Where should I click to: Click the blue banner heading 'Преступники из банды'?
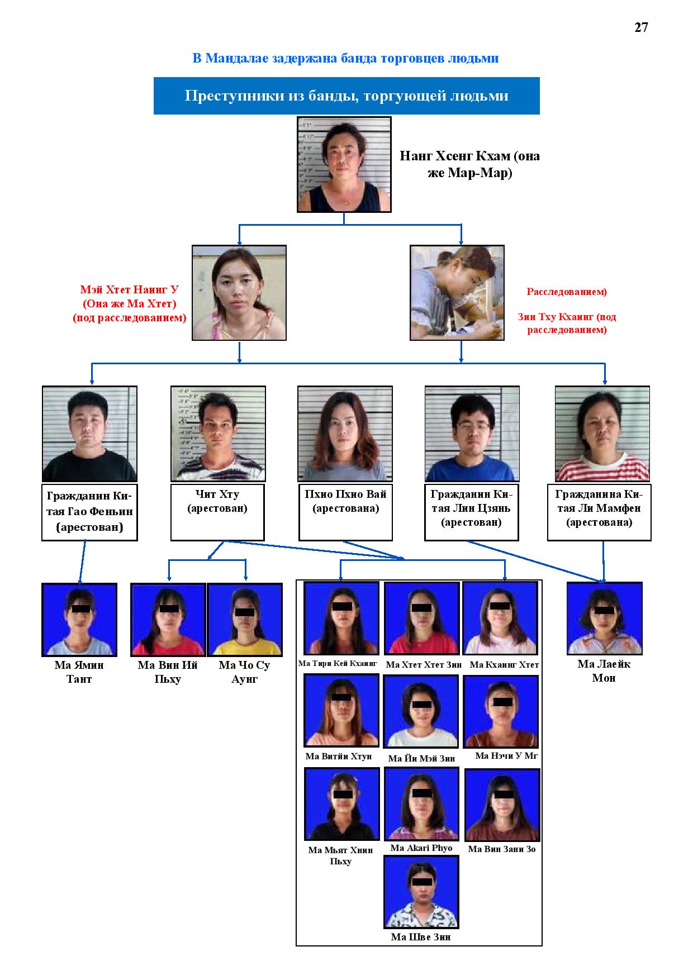(x=346, y=96)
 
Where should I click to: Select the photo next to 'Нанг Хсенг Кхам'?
(x=344, y=164)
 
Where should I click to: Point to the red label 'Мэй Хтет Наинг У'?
(x=129, y=290)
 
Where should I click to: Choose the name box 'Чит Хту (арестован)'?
(x=217, y=513)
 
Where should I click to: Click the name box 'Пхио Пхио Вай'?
(x=345, y=513)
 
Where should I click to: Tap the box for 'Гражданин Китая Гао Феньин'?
(x=89, y=513)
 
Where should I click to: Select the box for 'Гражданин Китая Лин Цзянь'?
(x=471, y=513)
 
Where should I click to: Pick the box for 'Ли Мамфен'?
(x=599, y=513)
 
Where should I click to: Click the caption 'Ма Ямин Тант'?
(x=79, y=672)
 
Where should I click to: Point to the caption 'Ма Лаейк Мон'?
(x=604, y=671)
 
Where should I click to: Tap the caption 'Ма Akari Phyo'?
(x=421, y=848)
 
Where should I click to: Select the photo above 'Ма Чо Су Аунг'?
(x=244, y=620)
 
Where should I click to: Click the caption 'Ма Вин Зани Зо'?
(x=502, y=849)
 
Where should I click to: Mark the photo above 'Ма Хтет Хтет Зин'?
(x=421, y=618)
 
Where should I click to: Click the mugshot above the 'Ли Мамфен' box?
(x=602, y=434)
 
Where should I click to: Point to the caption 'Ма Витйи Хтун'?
(x=339, y=757)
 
